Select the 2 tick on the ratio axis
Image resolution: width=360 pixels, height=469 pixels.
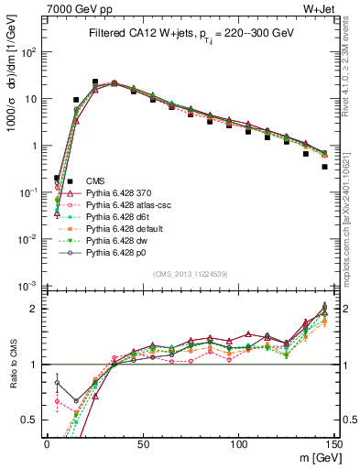point(37,309)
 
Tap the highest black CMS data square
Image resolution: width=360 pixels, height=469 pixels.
point(95,82)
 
